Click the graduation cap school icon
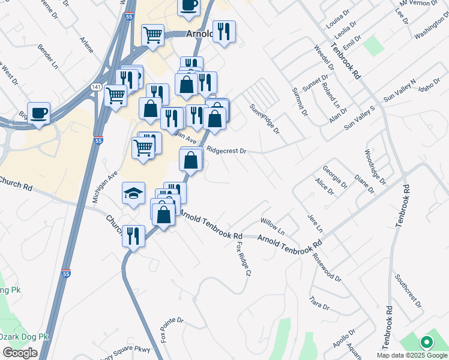tap(133, 193)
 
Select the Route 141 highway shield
tap(96, 88)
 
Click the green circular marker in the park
tap(427, 343)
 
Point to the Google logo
tap(20, 353)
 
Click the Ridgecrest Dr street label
tap(226, 151)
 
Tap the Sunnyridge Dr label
tap(265, 118)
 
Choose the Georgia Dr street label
tap(334, 178)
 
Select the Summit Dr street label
tap(300, 102)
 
